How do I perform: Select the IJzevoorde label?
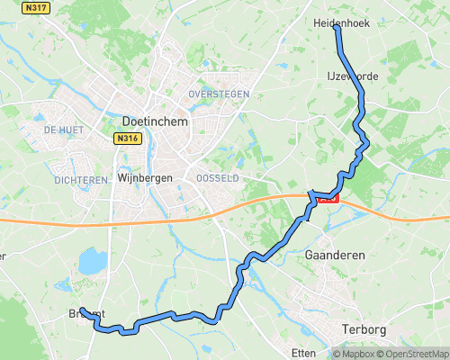pyautogui.click(x=353, y=76)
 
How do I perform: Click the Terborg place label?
pyautogui.click(x=364, y=330)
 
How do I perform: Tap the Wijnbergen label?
pyautogui.click(x=144, y=178)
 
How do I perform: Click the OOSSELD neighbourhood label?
pyautogui.click(x=218, y=179)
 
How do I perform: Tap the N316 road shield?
pyautogui.click(x=127, y=139)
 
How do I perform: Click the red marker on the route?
pyautogui.click(x=328, y=198)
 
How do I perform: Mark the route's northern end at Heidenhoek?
pyautogui.click(x=337, y=29)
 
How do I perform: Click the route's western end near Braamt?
pyautogui.click(x=81, y=310)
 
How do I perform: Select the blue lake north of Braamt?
pyautogui.click(x=91, y=262)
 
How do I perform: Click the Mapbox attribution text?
pyautogui.click(x=354, y=354)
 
